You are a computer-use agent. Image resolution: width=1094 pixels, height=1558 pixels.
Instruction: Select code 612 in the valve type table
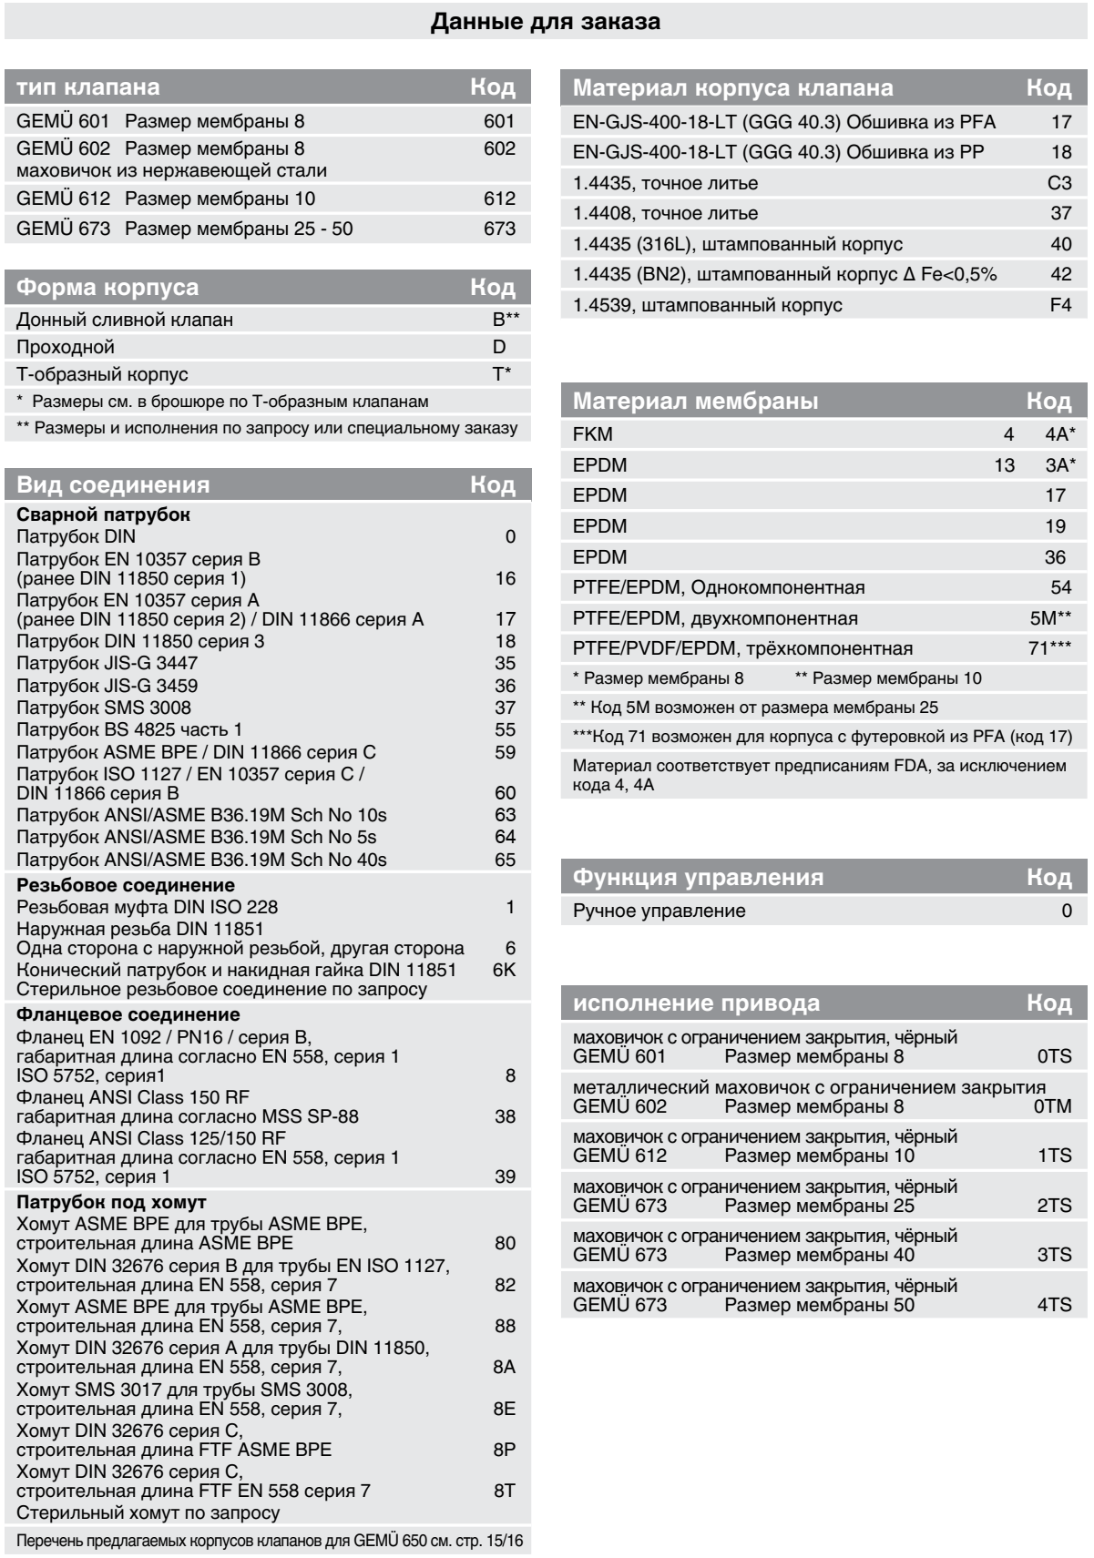499,199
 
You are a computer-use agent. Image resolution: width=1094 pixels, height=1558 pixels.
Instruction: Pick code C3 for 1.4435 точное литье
1059,183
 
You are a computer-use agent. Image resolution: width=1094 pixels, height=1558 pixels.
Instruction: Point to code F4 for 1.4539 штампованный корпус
1060,305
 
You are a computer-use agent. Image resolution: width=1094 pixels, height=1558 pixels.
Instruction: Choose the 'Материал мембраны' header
695,401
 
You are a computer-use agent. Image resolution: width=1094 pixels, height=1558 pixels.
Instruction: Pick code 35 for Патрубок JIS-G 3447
505,663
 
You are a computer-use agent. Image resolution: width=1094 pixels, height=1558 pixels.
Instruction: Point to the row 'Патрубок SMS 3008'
104,708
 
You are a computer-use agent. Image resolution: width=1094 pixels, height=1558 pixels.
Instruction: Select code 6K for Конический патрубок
504,970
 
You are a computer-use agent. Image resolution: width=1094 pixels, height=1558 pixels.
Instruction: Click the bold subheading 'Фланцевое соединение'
128,1014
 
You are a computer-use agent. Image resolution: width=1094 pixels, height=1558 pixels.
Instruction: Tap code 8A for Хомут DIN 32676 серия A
505,1367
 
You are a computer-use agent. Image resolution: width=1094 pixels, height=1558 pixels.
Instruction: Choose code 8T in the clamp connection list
505,1491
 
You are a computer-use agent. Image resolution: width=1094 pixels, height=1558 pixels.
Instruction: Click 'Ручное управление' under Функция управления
659,911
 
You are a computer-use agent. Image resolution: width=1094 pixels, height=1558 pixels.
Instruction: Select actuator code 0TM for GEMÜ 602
1053,1107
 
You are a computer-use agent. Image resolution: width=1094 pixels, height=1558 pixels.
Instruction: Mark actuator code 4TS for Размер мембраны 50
1054,1305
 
